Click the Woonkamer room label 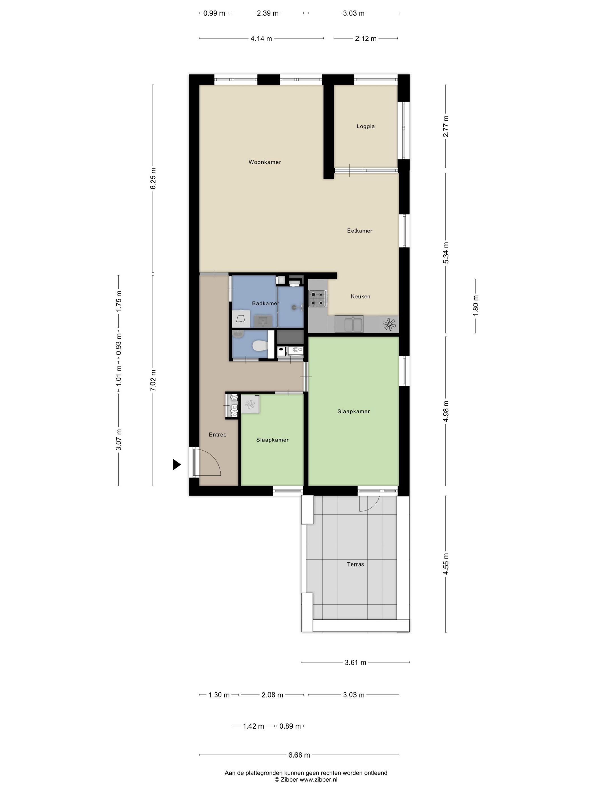[x=264, y=162]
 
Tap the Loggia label [x=365, y=126]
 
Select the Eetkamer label [x=360, y=231]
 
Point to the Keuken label [x=360, y=296]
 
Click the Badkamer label [x=265, y=304]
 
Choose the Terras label [x=355, y=564]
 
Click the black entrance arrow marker [x=176, y=464]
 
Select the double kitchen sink [x=349, y=324]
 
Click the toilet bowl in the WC [x=260, y=346]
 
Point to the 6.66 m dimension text [x=299, y=755]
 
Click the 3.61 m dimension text [x=355, y=662]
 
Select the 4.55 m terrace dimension [x=446, y=564]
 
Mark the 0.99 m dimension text [x=214, y=14]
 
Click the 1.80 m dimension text [x=475, y=306]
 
